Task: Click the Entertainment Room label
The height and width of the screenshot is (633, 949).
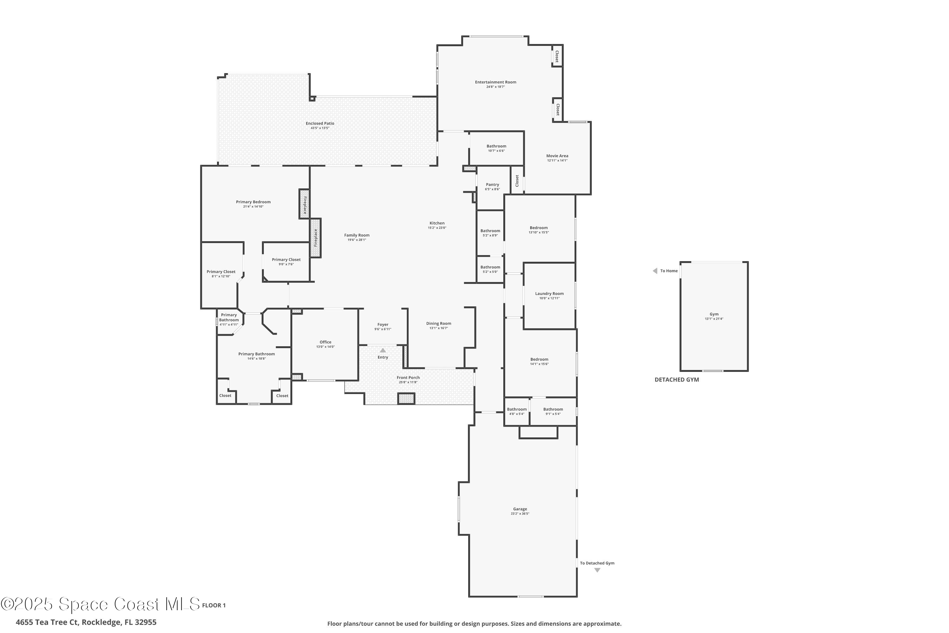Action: (x=495, y=82)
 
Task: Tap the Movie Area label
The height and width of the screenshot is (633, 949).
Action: (x=557, y=155)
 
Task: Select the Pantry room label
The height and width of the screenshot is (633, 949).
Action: (x=492, y=185)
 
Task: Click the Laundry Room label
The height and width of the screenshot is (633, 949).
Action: (x=549, y=293)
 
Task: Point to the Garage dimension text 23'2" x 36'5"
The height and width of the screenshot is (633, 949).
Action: (x=520, y=513)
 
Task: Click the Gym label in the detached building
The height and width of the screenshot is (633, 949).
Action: (x=714, y=314)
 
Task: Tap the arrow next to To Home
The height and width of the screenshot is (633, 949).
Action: (x=655, y=271)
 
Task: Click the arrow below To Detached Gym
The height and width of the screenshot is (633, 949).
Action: (x=597, y=570)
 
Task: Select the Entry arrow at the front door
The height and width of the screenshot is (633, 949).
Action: (x=382, y=350)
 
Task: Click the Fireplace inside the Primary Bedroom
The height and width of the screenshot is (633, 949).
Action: (x=304, y=204)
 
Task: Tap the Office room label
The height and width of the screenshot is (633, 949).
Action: (x=325, y=342)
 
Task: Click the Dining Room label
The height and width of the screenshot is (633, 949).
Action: (x=438, y=323)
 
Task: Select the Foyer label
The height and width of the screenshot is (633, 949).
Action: (x=382, y=324)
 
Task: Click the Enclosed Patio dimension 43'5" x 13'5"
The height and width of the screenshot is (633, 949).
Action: (x=319, y=128)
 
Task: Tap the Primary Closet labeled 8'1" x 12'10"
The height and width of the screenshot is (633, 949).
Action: (x=221, y=272)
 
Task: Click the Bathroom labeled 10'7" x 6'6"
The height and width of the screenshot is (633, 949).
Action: (x=496, y=146)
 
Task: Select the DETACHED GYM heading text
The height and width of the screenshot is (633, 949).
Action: (x=676, y=379)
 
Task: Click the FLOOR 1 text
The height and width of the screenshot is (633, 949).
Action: (x=214, y=605)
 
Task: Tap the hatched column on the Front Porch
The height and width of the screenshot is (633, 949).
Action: (x=406, y=398)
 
